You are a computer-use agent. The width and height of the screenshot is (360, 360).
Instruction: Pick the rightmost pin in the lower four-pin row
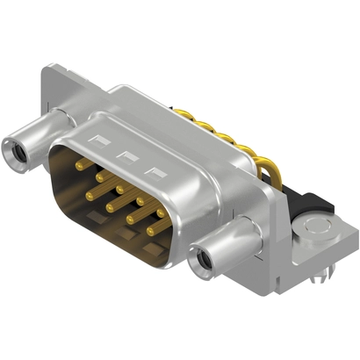click(x=150, y=232)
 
